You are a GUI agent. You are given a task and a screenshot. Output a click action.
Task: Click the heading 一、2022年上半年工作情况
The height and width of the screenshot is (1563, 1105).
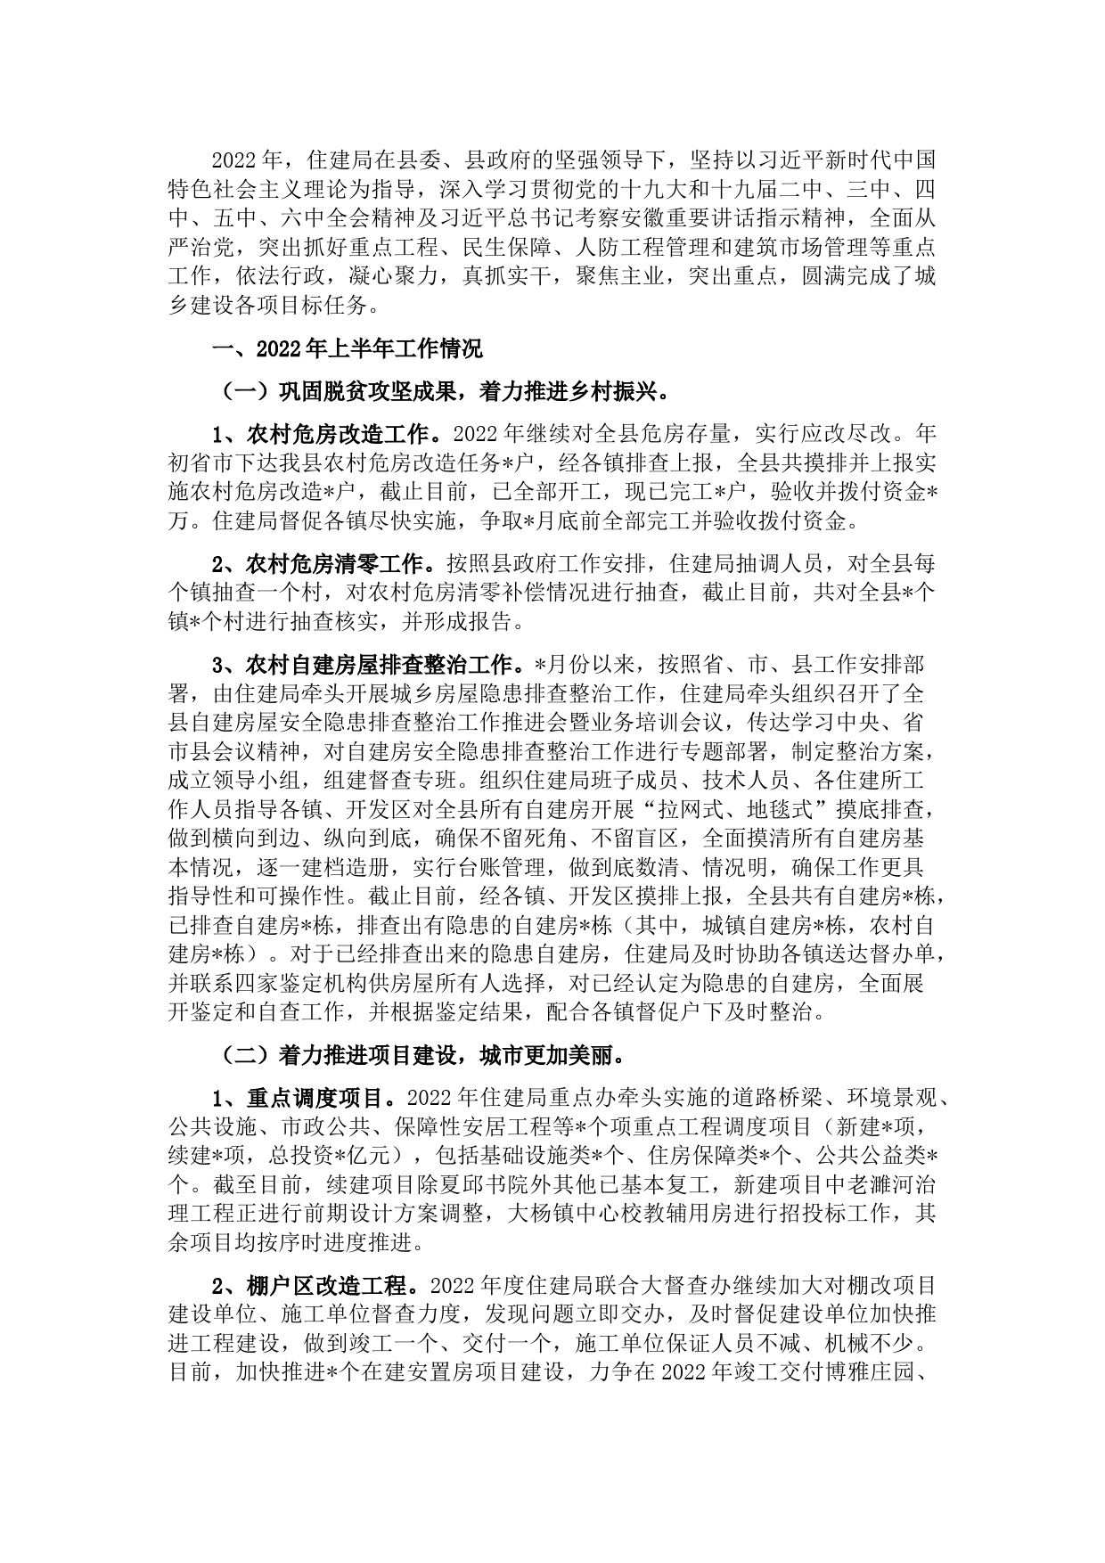pyautogui.click(x=347, y=348)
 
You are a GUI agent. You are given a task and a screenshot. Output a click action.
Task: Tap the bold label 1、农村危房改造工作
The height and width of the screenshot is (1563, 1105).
pyautogui.click(x=327, y=435)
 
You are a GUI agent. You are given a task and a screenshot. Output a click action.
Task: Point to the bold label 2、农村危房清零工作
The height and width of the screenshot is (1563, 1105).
pyautogui.click(x=327, y=564)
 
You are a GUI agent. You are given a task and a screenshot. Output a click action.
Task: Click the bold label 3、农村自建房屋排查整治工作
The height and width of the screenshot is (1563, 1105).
pyautogui.click(x=373, y=665)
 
